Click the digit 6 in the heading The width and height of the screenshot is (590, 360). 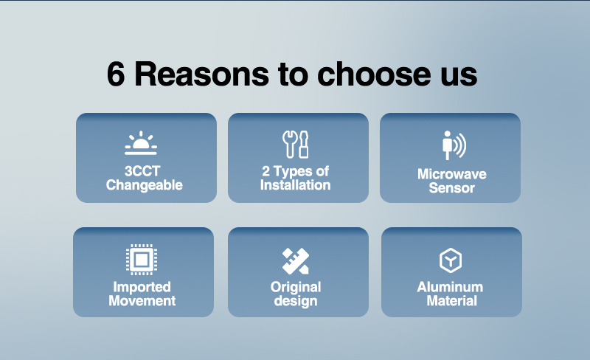click(116, 75)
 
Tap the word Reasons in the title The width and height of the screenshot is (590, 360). click(201, 75)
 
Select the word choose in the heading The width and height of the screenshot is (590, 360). click(374, 74)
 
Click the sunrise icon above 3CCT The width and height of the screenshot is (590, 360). click(141, 143)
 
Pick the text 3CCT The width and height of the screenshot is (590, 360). click(142, 171)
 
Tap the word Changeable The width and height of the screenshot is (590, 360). click(144, 185)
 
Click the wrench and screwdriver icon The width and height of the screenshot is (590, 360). click(296, 145)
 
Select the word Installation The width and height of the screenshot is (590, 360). click(296, 185)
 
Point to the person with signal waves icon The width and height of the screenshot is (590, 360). click(454, 145)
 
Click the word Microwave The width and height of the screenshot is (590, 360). click(452, 174)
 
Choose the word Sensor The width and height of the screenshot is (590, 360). click(452, 188)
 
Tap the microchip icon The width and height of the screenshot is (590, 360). click(142, 260)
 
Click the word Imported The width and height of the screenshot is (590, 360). click(142, 287)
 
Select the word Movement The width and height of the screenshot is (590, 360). click(142, 301)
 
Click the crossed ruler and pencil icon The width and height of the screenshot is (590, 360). click(296, 261)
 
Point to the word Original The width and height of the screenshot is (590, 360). click(296, 287)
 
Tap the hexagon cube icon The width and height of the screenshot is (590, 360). click(451, 260)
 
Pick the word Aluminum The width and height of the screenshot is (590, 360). click(450, 287)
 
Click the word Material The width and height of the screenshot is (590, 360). click(452, 301)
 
